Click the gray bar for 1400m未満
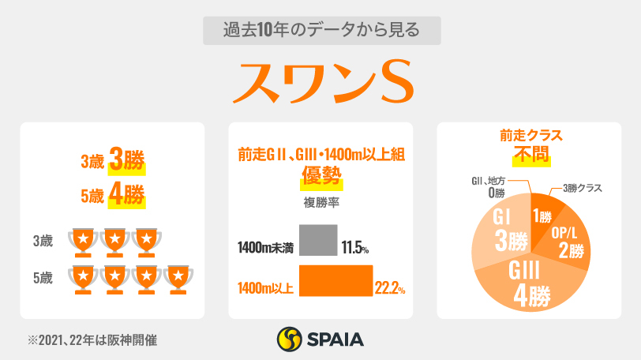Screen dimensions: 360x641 [319, 242]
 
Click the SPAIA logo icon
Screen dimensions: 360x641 [289, 339]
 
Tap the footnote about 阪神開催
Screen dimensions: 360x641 [92, 340]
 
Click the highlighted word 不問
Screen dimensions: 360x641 [528, 155]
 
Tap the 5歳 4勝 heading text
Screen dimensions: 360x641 [114, 194]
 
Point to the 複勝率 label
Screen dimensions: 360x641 [320, 202]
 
